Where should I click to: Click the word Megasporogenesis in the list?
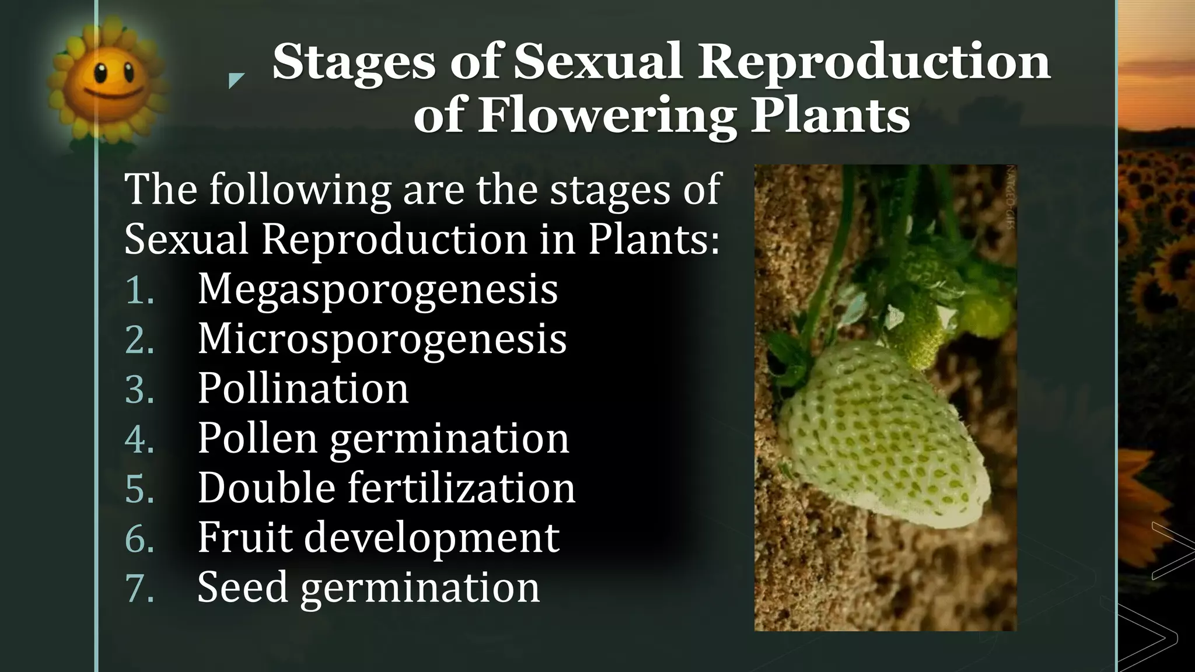[x=378, y=289]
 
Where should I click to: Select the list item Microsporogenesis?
[x=382, y=339]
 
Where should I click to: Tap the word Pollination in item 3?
[x=303, y=388]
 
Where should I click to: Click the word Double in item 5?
[x=266, y=488]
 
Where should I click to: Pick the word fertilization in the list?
[x=462, y=488]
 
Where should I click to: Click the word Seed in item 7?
[x=243, y=587]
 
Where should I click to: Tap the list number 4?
[x=139, y=439]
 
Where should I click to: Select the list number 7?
[x=139, y=588]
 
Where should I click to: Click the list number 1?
[x=139, y=290]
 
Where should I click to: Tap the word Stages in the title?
[x=354, y=62]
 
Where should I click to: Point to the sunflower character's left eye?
[x=100, y=73]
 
